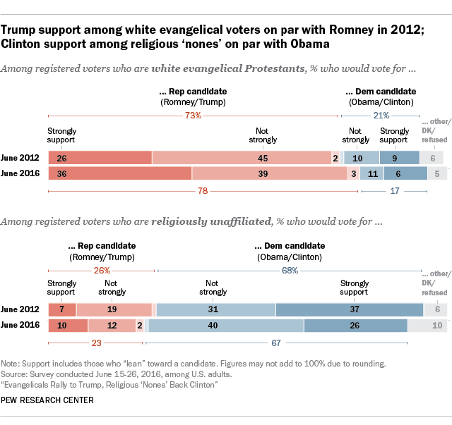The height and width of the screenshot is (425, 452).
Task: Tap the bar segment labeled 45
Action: (242, 158)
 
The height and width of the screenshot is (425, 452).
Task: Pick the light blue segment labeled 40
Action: (226, 326)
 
